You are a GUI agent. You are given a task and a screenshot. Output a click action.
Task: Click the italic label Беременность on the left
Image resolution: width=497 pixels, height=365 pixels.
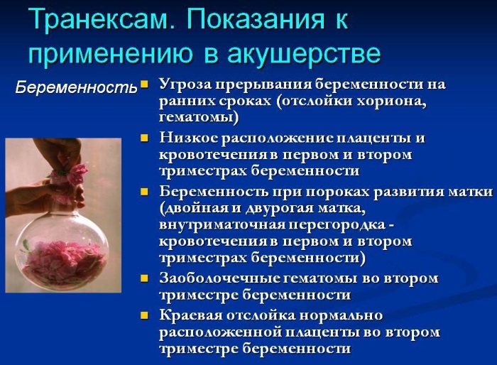coord(76,88)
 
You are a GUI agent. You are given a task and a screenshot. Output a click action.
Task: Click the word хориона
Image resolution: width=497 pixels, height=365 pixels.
coord(390,101)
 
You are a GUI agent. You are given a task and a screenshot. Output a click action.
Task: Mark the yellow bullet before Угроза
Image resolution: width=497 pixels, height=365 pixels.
coord(145,84)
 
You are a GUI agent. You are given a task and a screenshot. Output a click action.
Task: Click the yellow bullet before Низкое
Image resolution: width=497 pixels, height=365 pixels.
coord(145,137)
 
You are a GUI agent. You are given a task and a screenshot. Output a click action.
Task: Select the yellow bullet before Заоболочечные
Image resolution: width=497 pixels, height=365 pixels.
coord(145,278)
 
